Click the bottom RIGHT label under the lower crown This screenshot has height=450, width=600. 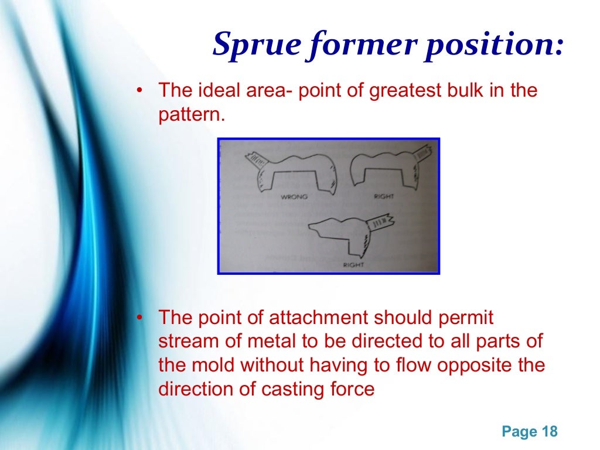click(x=353, y=265)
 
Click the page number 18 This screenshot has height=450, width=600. click(x=550, y=432)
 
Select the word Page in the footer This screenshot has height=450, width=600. click(x=519, y=432)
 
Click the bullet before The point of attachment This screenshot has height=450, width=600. click(x=139, y=318)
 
